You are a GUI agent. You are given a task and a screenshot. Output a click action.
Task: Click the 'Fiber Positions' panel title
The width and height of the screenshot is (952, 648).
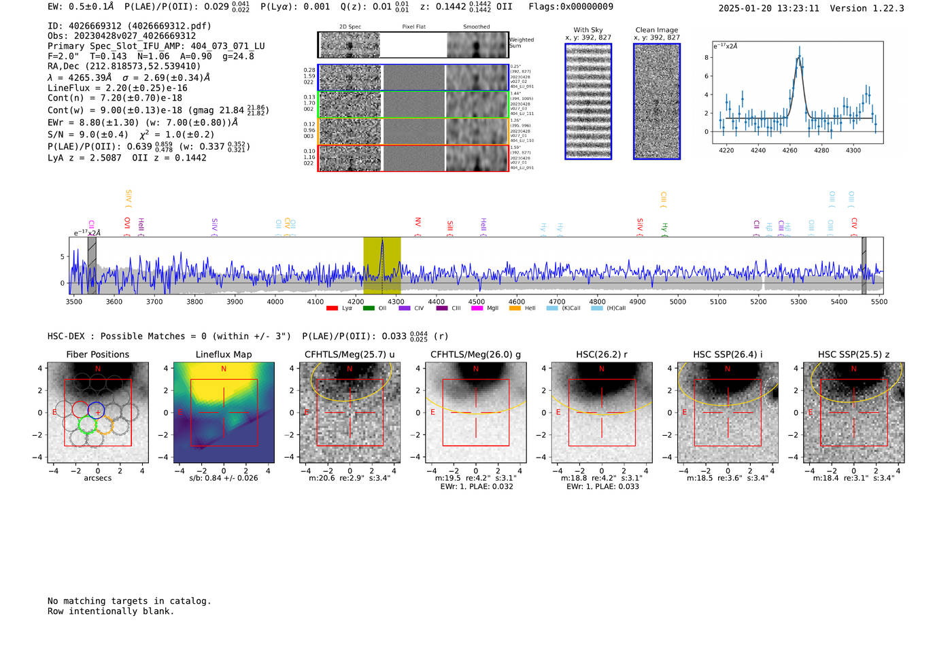tap(97, 354)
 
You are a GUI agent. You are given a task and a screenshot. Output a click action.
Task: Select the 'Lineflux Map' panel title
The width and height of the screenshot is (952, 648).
tap(223, 354)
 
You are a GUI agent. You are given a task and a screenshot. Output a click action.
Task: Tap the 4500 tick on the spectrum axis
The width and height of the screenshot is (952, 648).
tap(477, 302)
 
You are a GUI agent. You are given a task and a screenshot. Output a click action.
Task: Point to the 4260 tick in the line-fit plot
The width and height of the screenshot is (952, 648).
tap(789, 150)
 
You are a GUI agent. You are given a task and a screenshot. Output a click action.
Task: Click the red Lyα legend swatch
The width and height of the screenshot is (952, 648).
tap(332, 309)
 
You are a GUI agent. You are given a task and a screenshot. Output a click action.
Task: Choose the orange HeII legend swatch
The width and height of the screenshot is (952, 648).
tap(515, 309)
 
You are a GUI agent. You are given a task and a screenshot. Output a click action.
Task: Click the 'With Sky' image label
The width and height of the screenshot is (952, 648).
tap(588, 30)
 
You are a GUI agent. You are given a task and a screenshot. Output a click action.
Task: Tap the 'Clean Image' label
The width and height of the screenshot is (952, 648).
tap(656, 30)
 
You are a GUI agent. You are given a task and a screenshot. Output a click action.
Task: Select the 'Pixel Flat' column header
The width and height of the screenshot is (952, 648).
tap(413, 27)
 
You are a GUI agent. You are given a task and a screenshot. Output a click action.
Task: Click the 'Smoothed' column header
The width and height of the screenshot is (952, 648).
tap(476, 27)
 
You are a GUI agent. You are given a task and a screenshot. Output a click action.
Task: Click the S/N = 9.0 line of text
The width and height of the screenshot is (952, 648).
tap(88, 135)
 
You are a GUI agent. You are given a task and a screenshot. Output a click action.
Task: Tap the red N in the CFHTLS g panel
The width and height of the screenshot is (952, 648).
tap(475, 369)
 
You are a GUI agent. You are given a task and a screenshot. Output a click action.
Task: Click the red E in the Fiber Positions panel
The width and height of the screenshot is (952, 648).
tap(54, 412)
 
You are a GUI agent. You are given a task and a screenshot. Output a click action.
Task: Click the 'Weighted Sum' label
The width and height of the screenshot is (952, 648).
tap(522, 43)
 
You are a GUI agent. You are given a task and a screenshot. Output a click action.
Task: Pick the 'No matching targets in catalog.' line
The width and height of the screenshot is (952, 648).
tap(129, 601)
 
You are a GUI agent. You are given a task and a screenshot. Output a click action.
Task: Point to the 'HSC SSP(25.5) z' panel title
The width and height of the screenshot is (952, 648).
tap(853, 354)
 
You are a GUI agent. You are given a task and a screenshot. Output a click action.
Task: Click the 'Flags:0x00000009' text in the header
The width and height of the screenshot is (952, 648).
tap(571, 7)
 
